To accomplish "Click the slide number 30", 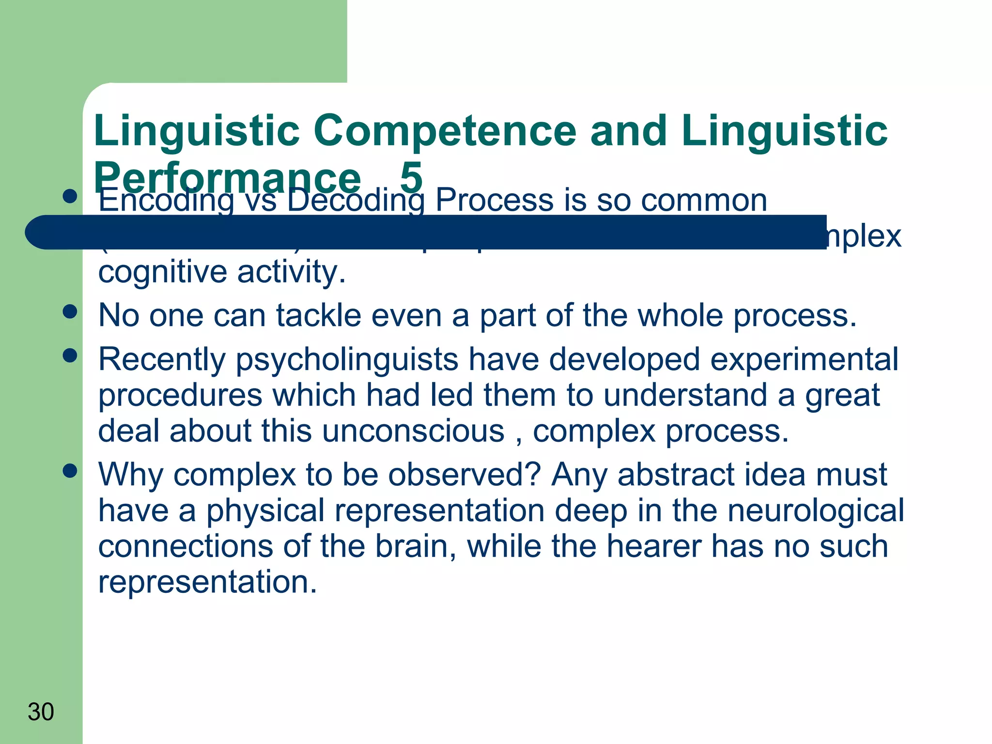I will point(41,712).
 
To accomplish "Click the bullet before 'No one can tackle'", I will point(70,311).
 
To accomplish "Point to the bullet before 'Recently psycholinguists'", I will point(70,356).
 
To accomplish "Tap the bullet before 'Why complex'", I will point(70,470).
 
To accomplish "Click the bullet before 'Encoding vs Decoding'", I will point(70,196).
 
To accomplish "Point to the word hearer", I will point(654,546).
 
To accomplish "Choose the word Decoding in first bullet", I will point(356,200).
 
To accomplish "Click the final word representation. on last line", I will point(207,582).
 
